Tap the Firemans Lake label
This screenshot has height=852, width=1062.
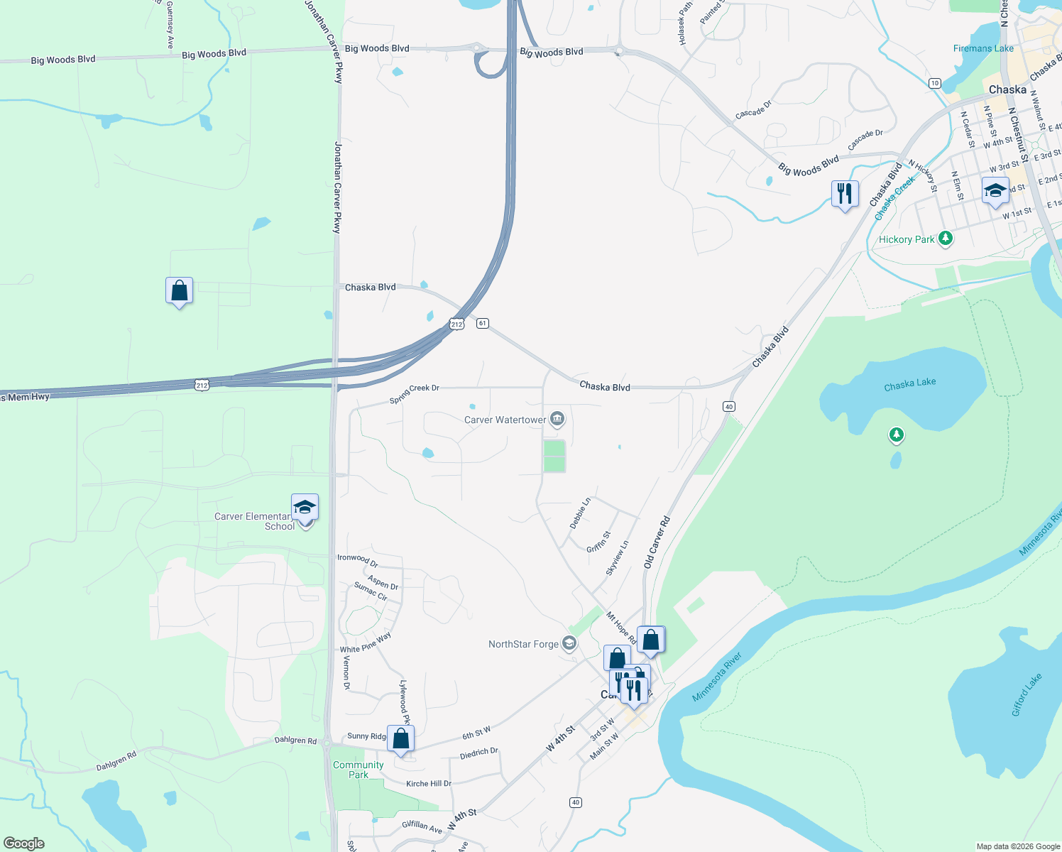983,48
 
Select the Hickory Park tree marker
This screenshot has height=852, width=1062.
945,239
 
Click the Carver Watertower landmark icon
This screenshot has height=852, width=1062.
557,419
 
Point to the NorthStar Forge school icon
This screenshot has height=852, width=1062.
569,643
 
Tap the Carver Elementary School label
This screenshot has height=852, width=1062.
254,521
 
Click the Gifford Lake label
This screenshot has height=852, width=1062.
1027,694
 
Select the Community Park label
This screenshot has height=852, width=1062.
358,770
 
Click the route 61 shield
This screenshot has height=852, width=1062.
483,323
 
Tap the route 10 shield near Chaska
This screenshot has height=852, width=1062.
935,83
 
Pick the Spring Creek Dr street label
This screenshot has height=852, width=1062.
415,393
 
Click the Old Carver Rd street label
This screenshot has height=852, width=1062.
657,542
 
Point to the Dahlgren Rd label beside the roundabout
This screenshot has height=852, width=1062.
296,741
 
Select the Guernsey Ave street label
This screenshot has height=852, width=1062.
170,25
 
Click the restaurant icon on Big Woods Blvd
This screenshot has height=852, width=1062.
845,192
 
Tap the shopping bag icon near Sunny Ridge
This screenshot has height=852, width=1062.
400,738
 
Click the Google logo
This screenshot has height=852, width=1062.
23,843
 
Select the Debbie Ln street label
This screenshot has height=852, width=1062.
580,513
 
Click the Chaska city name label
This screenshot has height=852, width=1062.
1007,89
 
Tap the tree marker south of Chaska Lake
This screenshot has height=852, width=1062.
897,435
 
